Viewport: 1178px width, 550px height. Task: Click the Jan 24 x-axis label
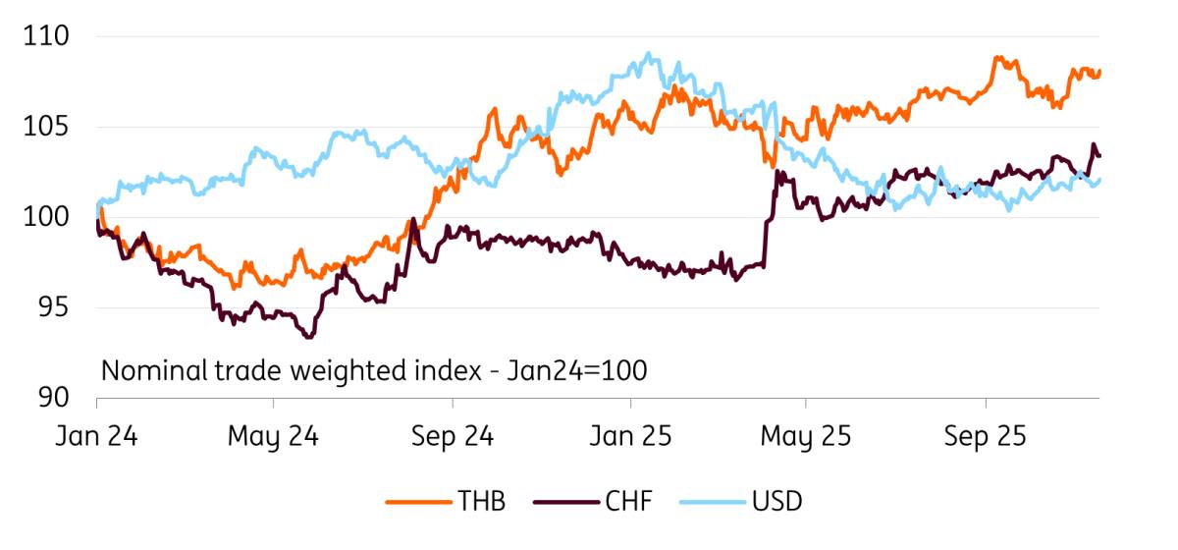(x=96, y=437)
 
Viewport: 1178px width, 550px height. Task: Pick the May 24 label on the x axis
(x=273, y=437)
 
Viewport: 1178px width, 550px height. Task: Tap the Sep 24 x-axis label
(x=452, y=437)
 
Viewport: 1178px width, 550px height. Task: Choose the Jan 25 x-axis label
(x=629, y=437)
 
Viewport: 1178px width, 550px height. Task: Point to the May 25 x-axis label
(x=806, y=437)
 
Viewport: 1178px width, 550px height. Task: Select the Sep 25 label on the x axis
(x=985, y=437)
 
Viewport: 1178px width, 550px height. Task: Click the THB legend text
(x=481, y=501)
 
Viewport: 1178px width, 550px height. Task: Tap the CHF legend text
(x=626, y=501)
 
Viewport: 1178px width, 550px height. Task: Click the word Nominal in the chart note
(x=148, y=371)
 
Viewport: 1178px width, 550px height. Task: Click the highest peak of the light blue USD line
(x=648, y=53)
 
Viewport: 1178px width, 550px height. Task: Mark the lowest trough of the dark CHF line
(x=310, y=337)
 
